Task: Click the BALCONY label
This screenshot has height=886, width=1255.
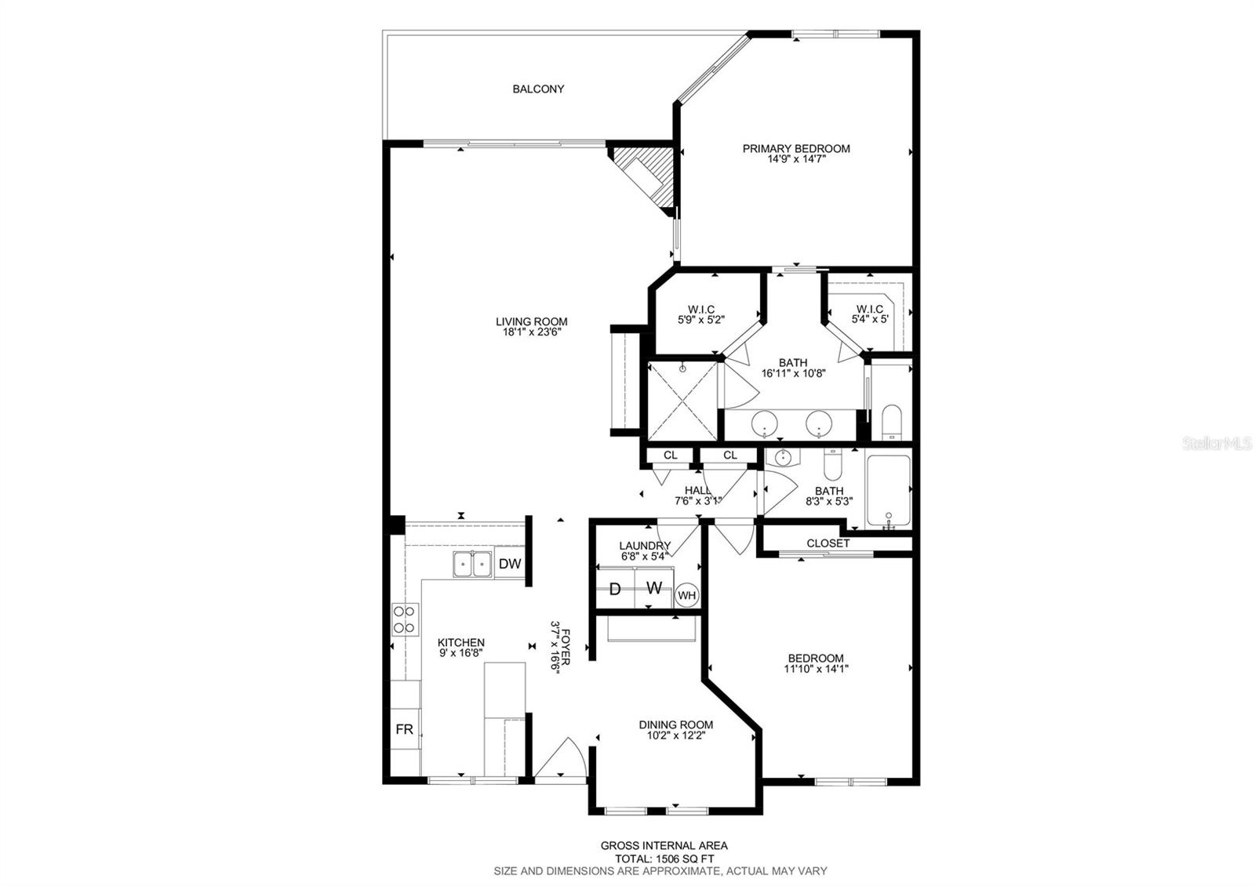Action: (538, 89)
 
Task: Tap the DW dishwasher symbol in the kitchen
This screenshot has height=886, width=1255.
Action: (510, 564)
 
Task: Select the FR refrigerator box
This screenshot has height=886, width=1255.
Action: (404, 729)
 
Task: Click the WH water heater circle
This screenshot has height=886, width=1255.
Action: (686, 596)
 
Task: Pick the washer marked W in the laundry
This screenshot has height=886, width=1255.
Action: (653, 588)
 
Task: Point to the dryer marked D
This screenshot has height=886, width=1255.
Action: (616, 589)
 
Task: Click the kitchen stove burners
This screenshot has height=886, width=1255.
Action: (405, 618)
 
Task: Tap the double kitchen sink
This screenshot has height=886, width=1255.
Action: (472, 564)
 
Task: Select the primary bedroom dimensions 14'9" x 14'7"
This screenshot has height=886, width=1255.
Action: (796, 159)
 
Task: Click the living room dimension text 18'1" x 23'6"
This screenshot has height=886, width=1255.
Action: (531, 332)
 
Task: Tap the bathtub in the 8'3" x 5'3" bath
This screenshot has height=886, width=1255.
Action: (888, 491)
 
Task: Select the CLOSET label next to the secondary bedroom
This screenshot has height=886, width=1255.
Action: (828, 543)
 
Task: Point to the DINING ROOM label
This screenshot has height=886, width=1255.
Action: (675, 724)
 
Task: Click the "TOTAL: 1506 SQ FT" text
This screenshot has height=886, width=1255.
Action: (664, 859)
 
